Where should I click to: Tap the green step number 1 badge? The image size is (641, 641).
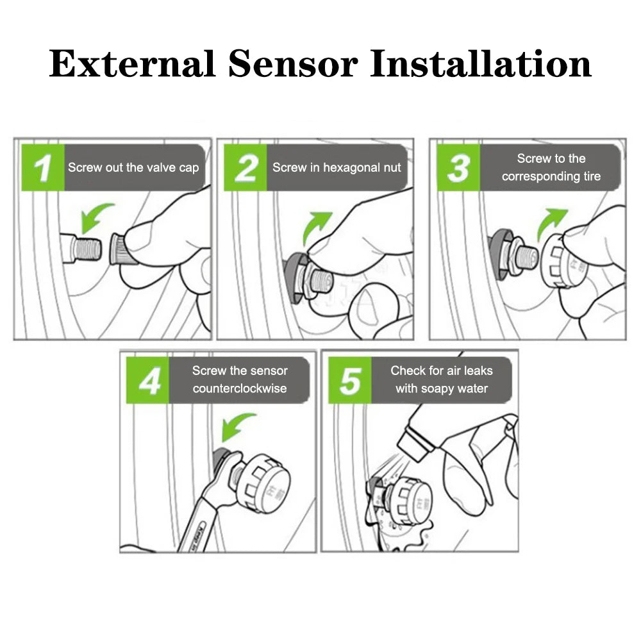point(43,168)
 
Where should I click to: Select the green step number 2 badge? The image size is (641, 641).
point(245,168)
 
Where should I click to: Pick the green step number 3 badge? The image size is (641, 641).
point(458,168)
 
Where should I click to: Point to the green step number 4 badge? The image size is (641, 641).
point(148,380)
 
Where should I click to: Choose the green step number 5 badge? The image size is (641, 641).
point(350,380)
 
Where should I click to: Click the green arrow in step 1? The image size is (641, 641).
point(96,217)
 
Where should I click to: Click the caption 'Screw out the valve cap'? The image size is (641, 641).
point(133,168)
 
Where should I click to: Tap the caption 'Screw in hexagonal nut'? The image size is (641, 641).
point(337,168)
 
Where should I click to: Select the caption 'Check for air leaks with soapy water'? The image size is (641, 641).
point(442,379)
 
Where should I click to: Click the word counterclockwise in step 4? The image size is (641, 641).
point(240,388)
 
